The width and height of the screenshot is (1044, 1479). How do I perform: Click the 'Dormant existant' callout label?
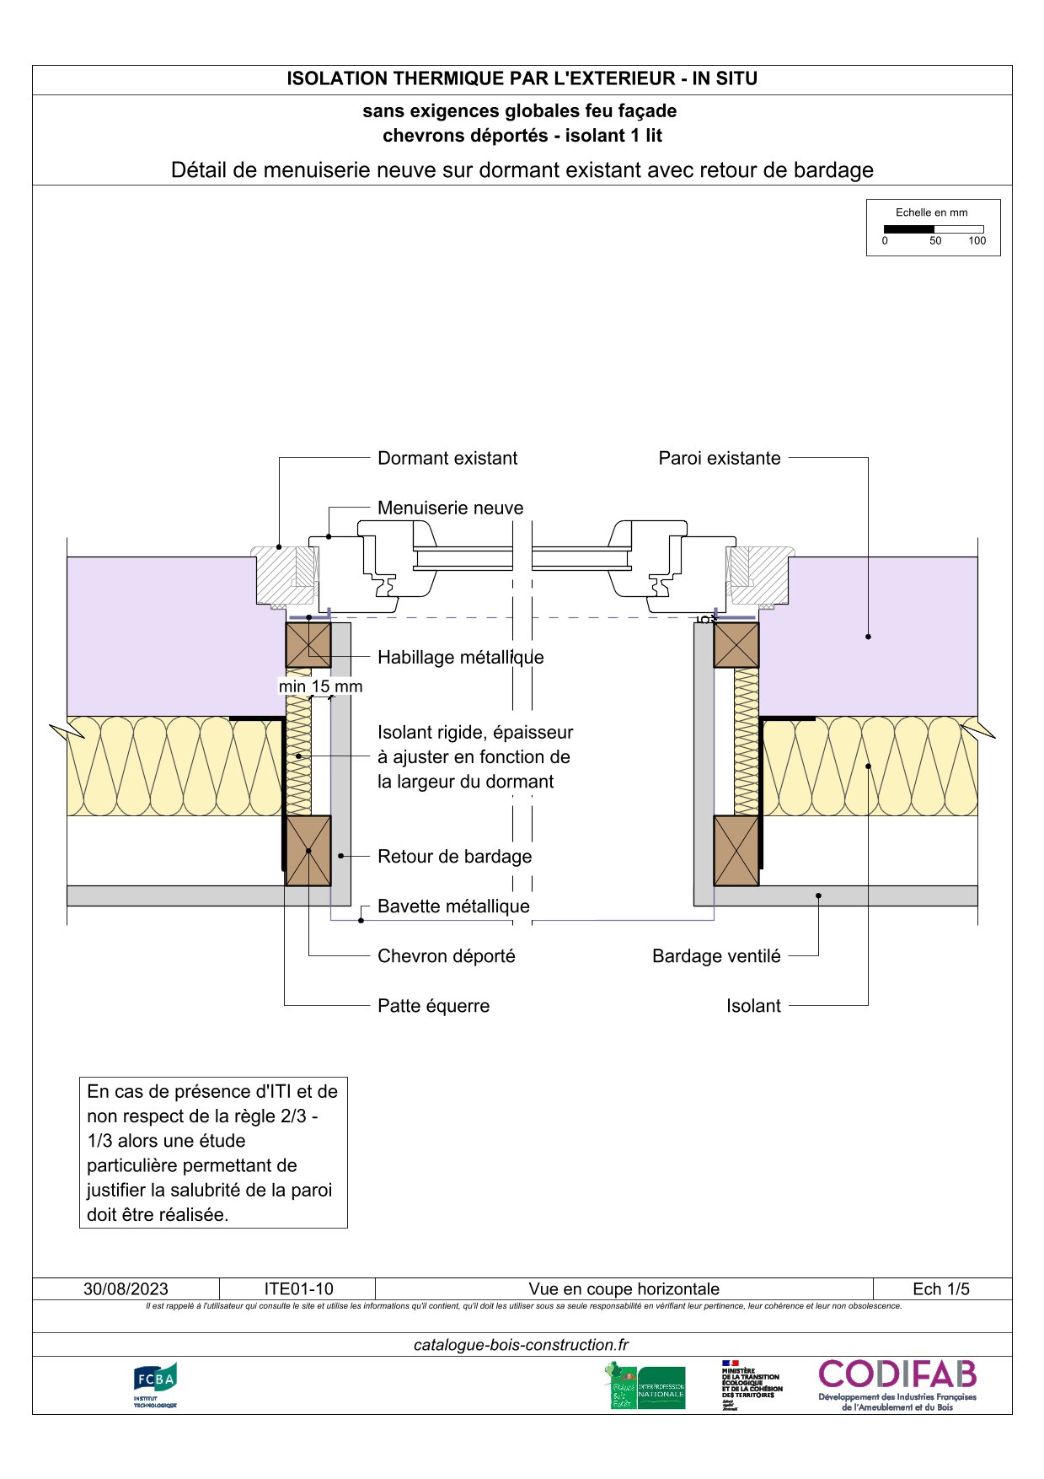click(447, 458)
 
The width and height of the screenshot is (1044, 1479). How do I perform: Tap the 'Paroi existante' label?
click(719, 458)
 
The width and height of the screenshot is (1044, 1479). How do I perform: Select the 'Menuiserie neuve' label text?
click(450, 508)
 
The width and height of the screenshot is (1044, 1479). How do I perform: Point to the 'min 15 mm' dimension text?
click(320, 686)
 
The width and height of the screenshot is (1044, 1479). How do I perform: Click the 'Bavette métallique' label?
click(453, 906)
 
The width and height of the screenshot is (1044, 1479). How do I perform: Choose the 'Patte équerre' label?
click(433, 1006)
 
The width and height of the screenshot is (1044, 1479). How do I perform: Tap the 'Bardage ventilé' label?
click(715, 956)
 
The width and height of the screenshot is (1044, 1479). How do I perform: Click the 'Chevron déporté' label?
click(446, 956)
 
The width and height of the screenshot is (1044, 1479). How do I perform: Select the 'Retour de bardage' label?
click(454, 857)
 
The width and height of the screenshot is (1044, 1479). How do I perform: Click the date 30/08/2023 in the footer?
click(126, 1289)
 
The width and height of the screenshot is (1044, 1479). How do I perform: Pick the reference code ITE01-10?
click(298, 1289)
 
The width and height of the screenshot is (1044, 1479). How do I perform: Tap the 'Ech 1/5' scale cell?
click(940, 1289)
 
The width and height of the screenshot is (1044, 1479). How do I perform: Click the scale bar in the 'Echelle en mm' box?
click(933, 229)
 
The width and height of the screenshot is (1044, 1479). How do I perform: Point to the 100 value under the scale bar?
click(977, 241)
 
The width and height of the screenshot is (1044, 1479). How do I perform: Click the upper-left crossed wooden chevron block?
click(308, 645)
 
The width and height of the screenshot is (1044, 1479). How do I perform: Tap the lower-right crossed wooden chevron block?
click(736, 851)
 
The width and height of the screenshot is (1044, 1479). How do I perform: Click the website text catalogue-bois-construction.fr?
click(521, 1345)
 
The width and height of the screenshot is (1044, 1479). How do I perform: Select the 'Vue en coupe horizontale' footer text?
click(624, 1289)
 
